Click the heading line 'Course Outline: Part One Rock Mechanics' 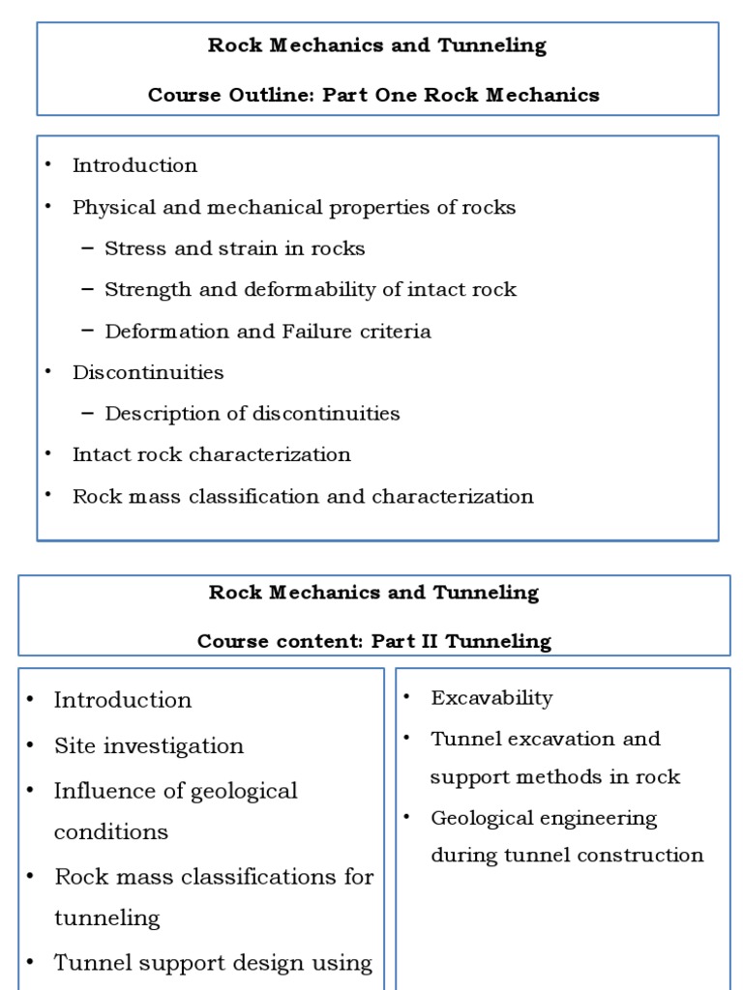click(373, 95)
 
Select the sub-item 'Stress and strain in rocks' click(234, 248)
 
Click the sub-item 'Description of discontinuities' click(252, 414)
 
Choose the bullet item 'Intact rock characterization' click(211, 454)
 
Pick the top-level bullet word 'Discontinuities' click(148, 372)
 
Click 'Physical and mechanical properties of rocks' click(294, 207)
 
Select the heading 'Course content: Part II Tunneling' click(373, 641)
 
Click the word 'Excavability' click(491, 698)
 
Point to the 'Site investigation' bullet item click(148, 746)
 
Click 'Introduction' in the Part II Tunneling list click(123, 700)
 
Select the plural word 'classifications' click(253, 877)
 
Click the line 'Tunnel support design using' click(213, 963)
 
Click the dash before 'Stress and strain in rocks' click(88, 248)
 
